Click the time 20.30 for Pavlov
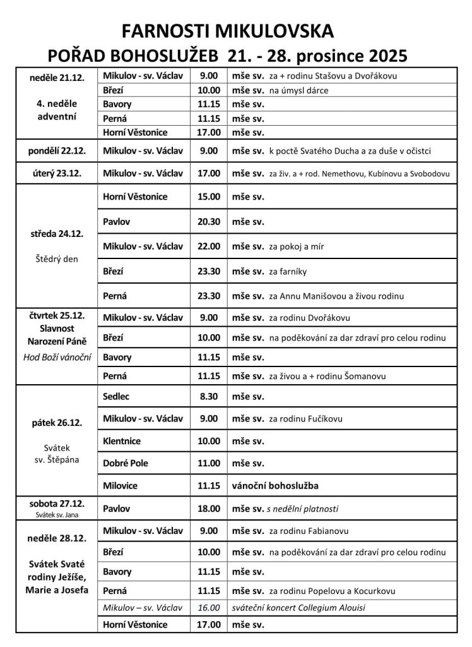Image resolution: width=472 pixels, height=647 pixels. (x=208, y=222)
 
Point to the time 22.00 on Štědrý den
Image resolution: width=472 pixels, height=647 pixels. (x=208, y=246)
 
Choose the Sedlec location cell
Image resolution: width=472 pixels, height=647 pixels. (x=117, y=396)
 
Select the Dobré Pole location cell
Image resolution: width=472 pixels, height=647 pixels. (x=126, y=463)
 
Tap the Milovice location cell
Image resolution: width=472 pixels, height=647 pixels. (x=120, y=485)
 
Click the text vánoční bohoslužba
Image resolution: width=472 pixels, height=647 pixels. (x=274, y=486)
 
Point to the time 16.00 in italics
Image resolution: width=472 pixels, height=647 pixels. (x=208, y=608)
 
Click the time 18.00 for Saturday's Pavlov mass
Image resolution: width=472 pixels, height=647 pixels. (x=208, y=507)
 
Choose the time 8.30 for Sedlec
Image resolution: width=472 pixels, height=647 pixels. (x=208, y=396)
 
